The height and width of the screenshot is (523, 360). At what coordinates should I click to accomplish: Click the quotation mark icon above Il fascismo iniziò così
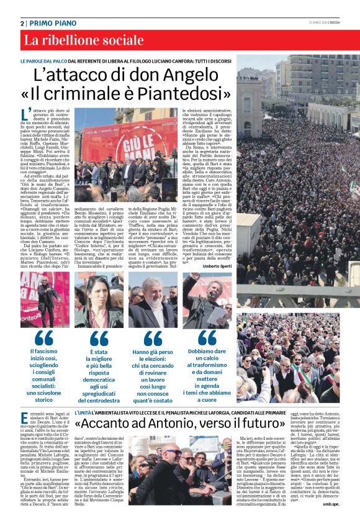[x=45, y=339]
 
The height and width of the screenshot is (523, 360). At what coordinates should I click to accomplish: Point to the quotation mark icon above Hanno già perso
[x=153, y=339]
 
